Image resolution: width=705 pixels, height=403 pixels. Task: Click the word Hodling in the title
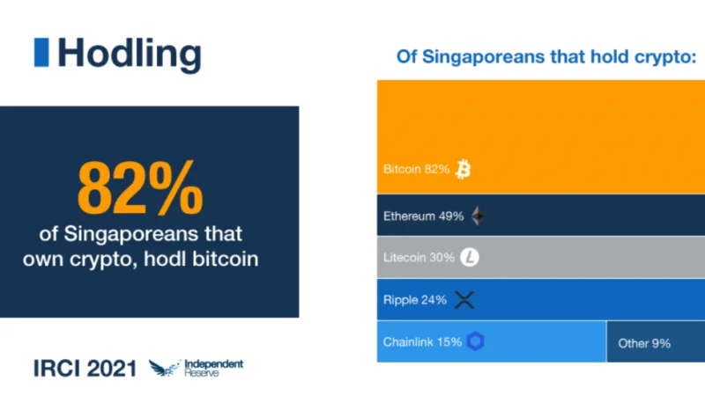[x=129, y=55]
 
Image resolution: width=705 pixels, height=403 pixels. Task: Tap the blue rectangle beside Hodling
[x=41, y=52]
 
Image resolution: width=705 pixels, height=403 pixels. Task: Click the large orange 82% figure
[x=140, y=188]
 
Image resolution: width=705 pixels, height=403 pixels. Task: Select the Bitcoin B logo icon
[x=464, y=169]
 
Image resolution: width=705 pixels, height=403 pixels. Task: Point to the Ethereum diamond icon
[x=478, y=216]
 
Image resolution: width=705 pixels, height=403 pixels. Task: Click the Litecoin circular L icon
[x=470, y=257]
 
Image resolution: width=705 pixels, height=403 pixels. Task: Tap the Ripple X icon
[x=464, y=300]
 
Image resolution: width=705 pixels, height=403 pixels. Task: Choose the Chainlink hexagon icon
[x=475, y=341]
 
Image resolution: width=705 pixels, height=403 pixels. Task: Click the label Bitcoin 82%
[x=416, y=169]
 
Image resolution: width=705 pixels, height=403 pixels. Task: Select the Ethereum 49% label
[x=424, y=216]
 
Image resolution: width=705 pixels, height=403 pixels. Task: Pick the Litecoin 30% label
[x=419, y=258]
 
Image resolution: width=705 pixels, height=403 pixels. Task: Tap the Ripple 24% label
[x=415, y=300]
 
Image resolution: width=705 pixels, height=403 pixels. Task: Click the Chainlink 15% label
[x=423, y=342]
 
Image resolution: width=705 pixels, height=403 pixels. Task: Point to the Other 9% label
[x=644, y=343]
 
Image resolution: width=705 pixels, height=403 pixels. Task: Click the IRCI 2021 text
[x=85, y=369]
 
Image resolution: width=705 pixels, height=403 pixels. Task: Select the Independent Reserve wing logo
[x=165, y=368]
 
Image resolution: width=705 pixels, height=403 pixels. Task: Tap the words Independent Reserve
[x=214, y=368]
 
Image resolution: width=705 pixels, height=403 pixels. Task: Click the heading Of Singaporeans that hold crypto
[x=546, y=57]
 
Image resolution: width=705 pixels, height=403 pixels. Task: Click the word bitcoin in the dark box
[x=226, y=259]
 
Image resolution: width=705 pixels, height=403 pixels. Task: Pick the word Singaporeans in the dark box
[x=130, y=234]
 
